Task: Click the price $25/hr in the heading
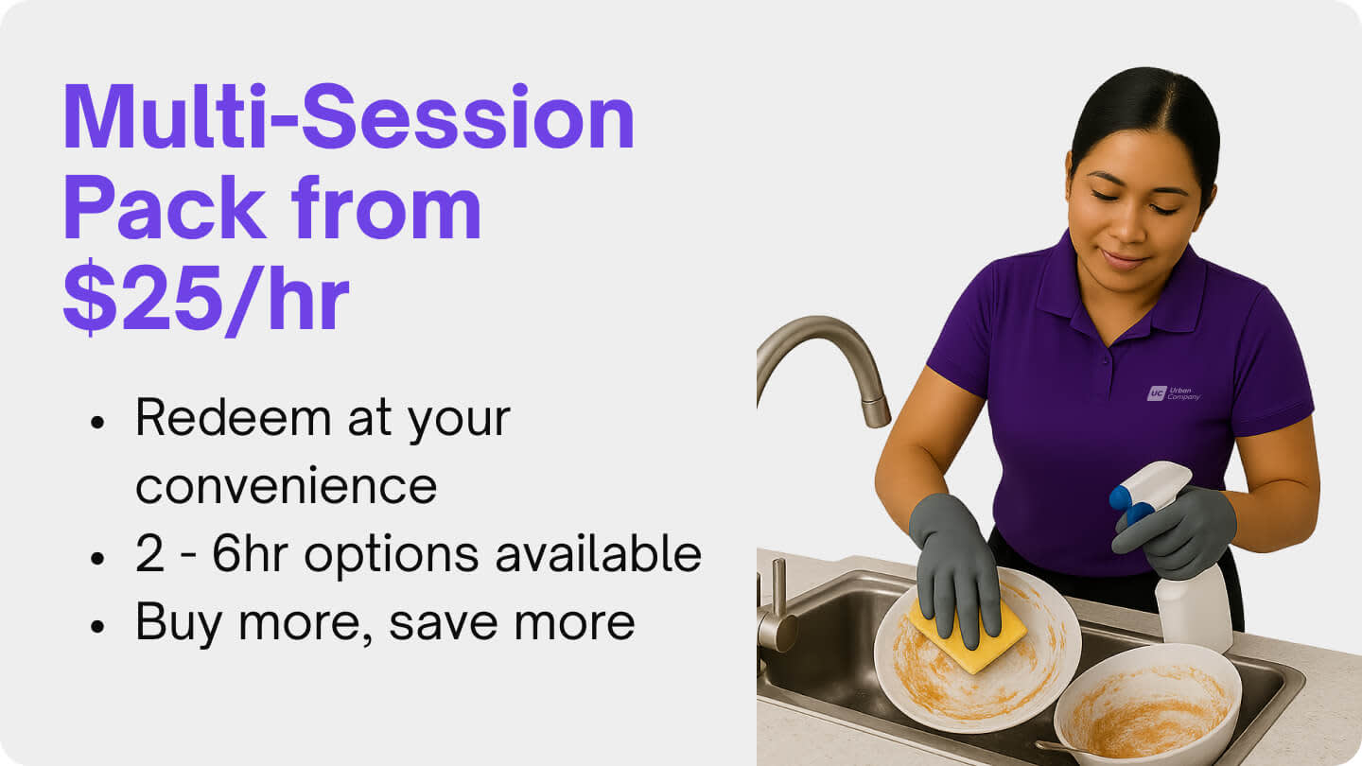point(205,300)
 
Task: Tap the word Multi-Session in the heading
point(348,118)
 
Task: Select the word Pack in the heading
point(164,209)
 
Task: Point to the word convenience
point(286,486)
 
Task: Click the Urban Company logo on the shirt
point(1173,392)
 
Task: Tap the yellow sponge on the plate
point(965,631)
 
